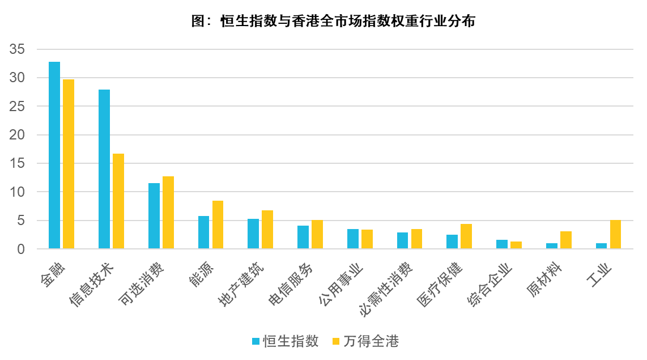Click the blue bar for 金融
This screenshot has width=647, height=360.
54,155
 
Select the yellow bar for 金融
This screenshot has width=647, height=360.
69,164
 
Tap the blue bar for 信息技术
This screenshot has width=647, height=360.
104,169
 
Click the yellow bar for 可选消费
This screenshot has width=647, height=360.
168,213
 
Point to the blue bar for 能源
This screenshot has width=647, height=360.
203,232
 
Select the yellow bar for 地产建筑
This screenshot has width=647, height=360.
267,230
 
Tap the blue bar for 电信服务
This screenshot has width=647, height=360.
303,237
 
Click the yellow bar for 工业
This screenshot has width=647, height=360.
615,234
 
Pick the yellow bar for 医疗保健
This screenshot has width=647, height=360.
466,236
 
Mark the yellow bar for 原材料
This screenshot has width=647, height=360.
566,240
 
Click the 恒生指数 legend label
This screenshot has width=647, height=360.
291,341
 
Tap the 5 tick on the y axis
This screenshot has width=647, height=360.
22,221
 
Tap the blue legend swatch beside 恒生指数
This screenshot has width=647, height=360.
256,341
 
